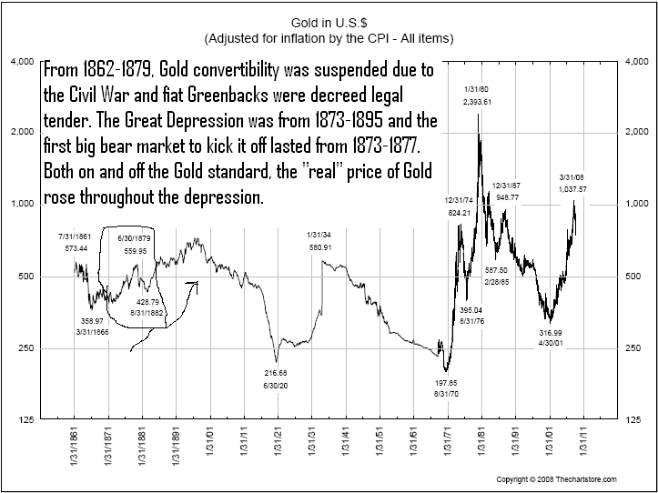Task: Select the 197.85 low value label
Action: click(444, 383)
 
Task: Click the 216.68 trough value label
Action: click(276, 373)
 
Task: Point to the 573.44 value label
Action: click(75, 247)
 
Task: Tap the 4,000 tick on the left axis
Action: click(21, 63)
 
